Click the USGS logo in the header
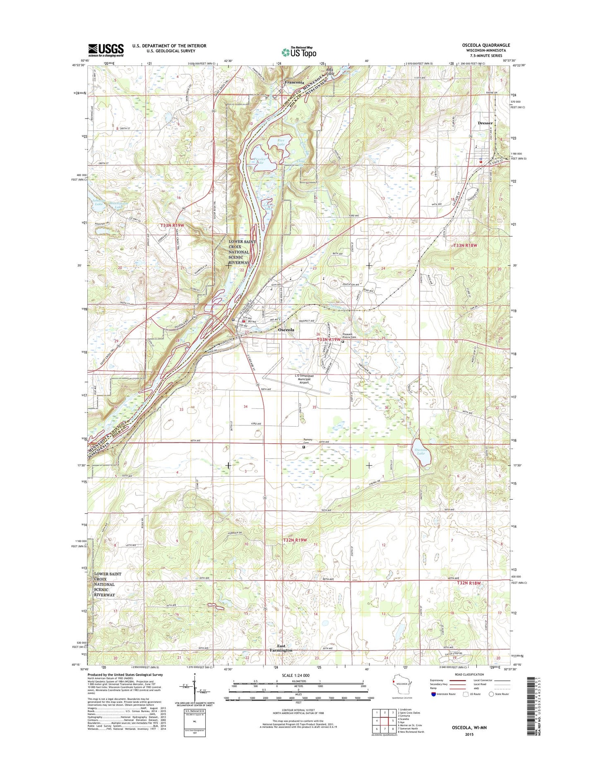pos(106,50)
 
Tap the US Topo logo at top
pos(299,52)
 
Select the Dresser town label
pos(485,123)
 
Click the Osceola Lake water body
pos(421,452)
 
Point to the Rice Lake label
pos(281,143)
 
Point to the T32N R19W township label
pos(295,540)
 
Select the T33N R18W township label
pos(466,246)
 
